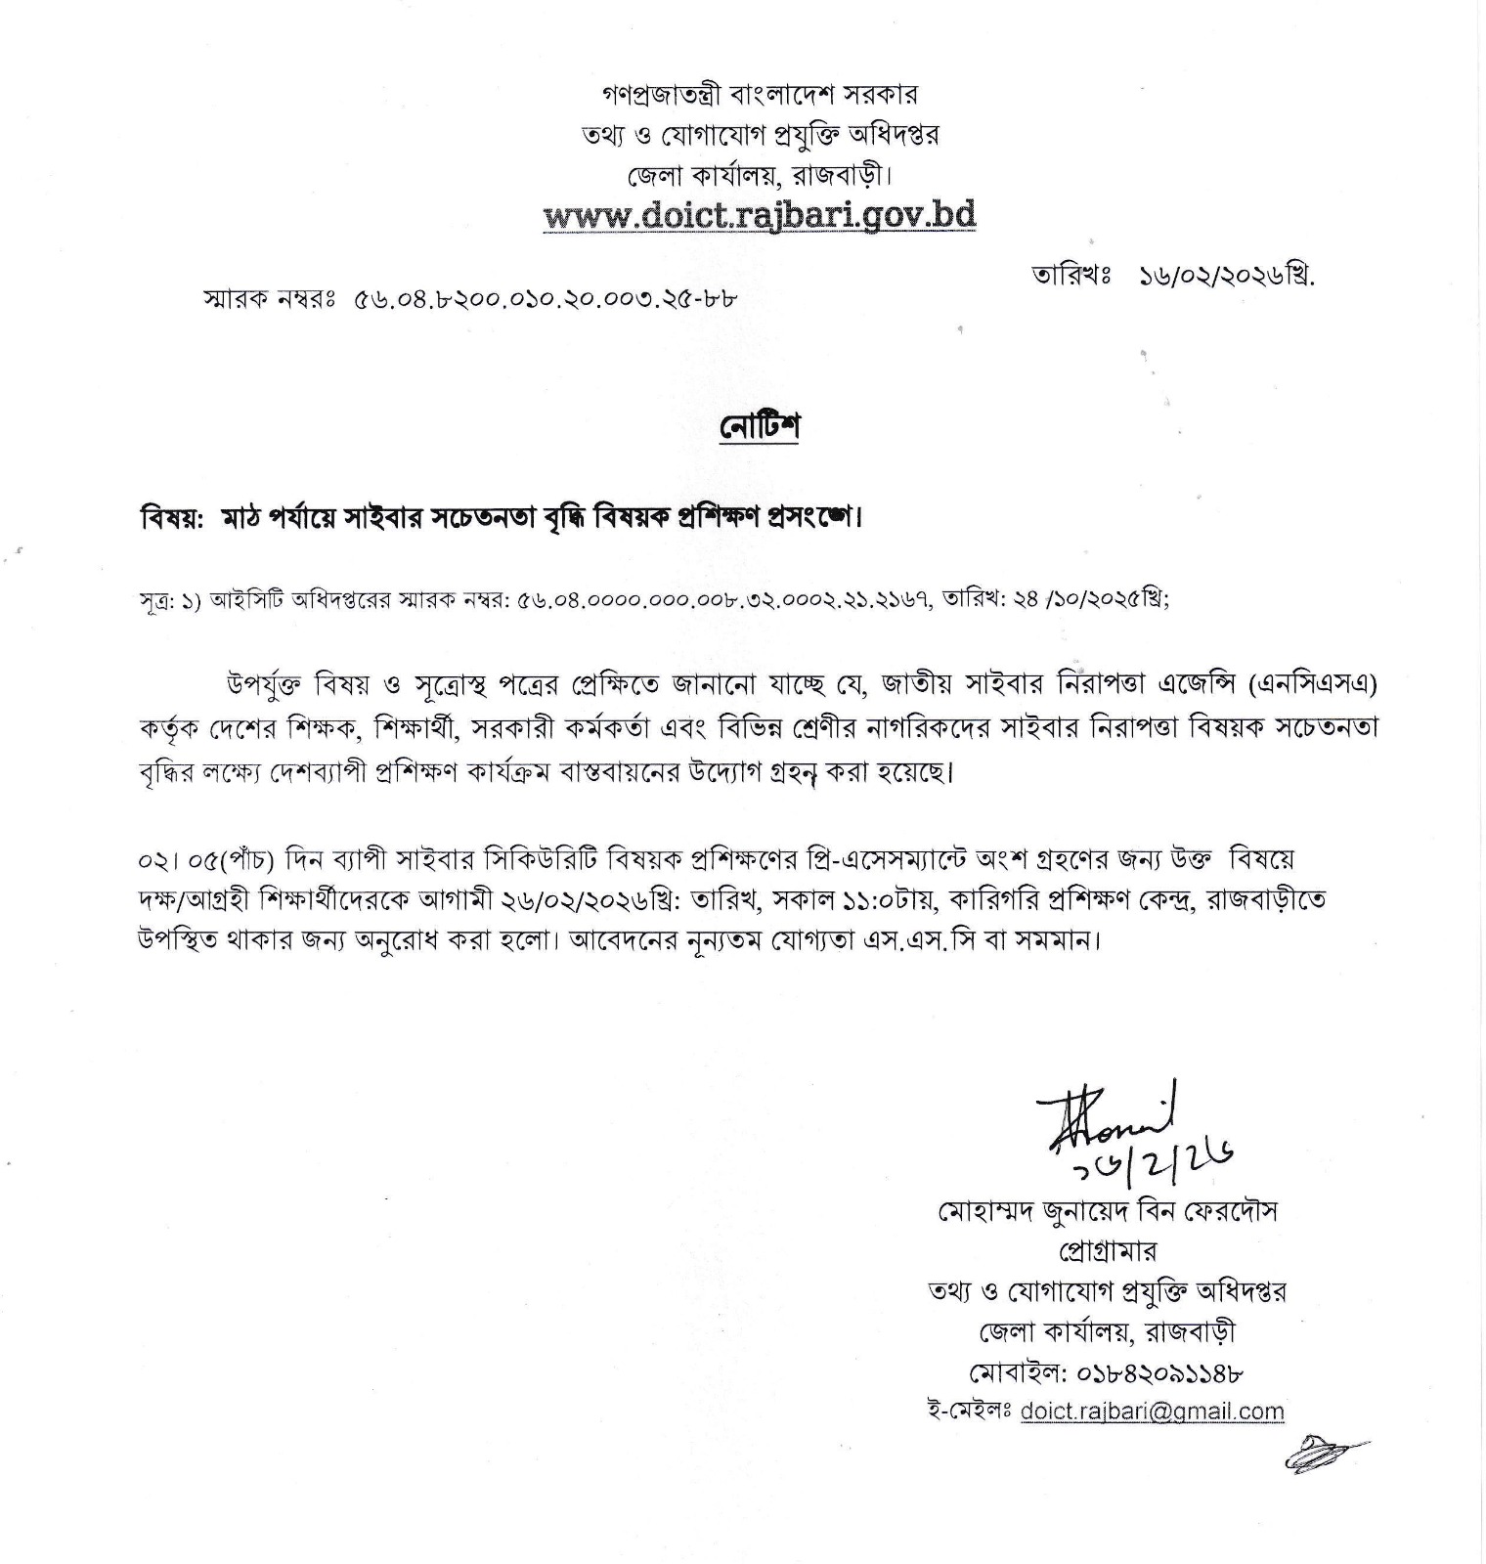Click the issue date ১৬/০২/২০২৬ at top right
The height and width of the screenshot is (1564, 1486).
(x=1227, y=277)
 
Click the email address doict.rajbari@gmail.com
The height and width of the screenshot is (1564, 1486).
(x=1152, y=1412)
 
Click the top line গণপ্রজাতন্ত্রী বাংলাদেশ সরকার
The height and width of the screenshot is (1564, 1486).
(x=759, y=95)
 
